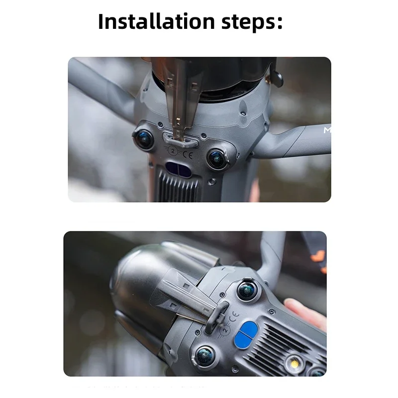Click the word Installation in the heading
pyautogui.click(x=156, y=22)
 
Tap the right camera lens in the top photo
pyautogui.click(x=217, y=158)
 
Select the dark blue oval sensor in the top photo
pyautogui.click(x=180, y=169)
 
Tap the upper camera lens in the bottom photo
pyautogui.click(x=246, y=291)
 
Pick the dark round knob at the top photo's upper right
pyautogui.click(x=277, y=78)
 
